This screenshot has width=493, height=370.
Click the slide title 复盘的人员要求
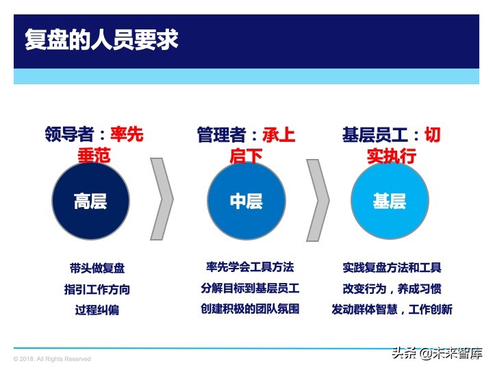pos(101,39)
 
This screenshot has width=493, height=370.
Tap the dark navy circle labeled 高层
pos(90,201)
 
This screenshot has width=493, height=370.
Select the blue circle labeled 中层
pos(246,201)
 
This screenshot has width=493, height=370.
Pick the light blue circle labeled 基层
pos(389,201)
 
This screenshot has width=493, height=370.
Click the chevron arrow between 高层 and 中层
pos(162,199)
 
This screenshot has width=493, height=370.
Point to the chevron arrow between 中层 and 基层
pos(317,199)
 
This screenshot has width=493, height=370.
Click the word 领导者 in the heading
pos(67,134)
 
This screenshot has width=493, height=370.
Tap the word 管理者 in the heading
pos(220,134)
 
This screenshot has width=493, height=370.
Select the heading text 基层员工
pos(375,134)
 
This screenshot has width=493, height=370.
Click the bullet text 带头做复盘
pos(97,269)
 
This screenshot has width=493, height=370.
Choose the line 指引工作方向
pos(97,289)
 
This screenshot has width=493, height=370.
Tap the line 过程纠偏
pos(97,310)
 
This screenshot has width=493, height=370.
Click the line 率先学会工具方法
pos(250,267)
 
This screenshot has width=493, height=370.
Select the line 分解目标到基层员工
pos(250,288)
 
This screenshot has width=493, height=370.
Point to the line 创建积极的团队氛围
pos(250,308)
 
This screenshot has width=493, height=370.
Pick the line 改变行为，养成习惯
pos(392,288)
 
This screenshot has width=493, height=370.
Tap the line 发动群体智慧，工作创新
pos(392,309)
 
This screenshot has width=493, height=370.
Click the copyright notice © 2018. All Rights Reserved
pos(52,359)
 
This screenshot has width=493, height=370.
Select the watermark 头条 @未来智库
pos(437,354)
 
